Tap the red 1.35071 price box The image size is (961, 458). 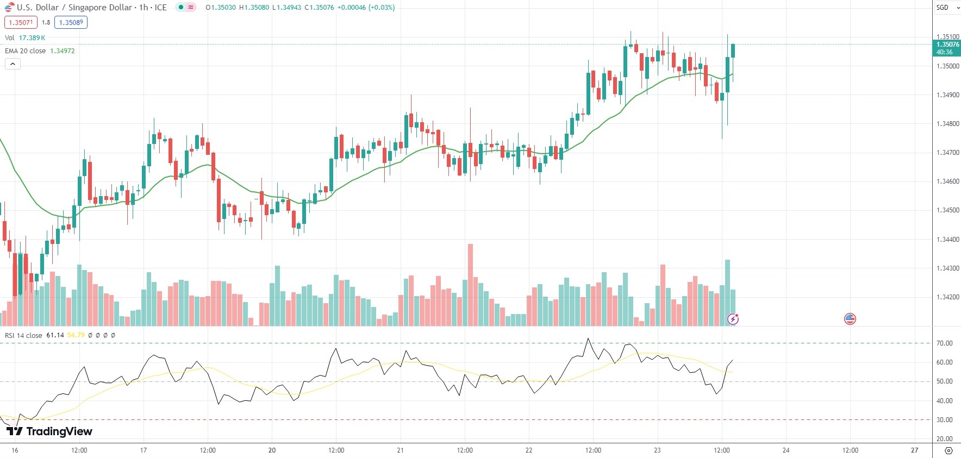tap(21, 22)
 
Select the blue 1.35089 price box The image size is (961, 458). tap(71, 22)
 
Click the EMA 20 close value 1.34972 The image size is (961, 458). tap(63, 51)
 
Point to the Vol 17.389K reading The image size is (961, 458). tap(32, 37)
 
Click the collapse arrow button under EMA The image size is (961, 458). tap(13, 64)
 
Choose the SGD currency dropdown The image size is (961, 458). tap(946, 8)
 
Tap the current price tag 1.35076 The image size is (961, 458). tap(946, 45)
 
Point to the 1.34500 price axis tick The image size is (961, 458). tap(947, 210)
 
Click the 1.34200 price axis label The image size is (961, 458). tap(947, 297)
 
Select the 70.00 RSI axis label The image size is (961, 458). tap(944, 343)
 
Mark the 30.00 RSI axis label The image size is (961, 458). tap(944, 420)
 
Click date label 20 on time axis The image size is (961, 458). tap(272, 450)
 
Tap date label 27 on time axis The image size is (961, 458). tap(914, 450)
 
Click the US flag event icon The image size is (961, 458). tap(850, 319)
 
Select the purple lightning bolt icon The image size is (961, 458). tap(733, 319)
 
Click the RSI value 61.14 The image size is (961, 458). tap(55, 335)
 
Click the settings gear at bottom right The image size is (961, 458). tap(948, 450)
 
